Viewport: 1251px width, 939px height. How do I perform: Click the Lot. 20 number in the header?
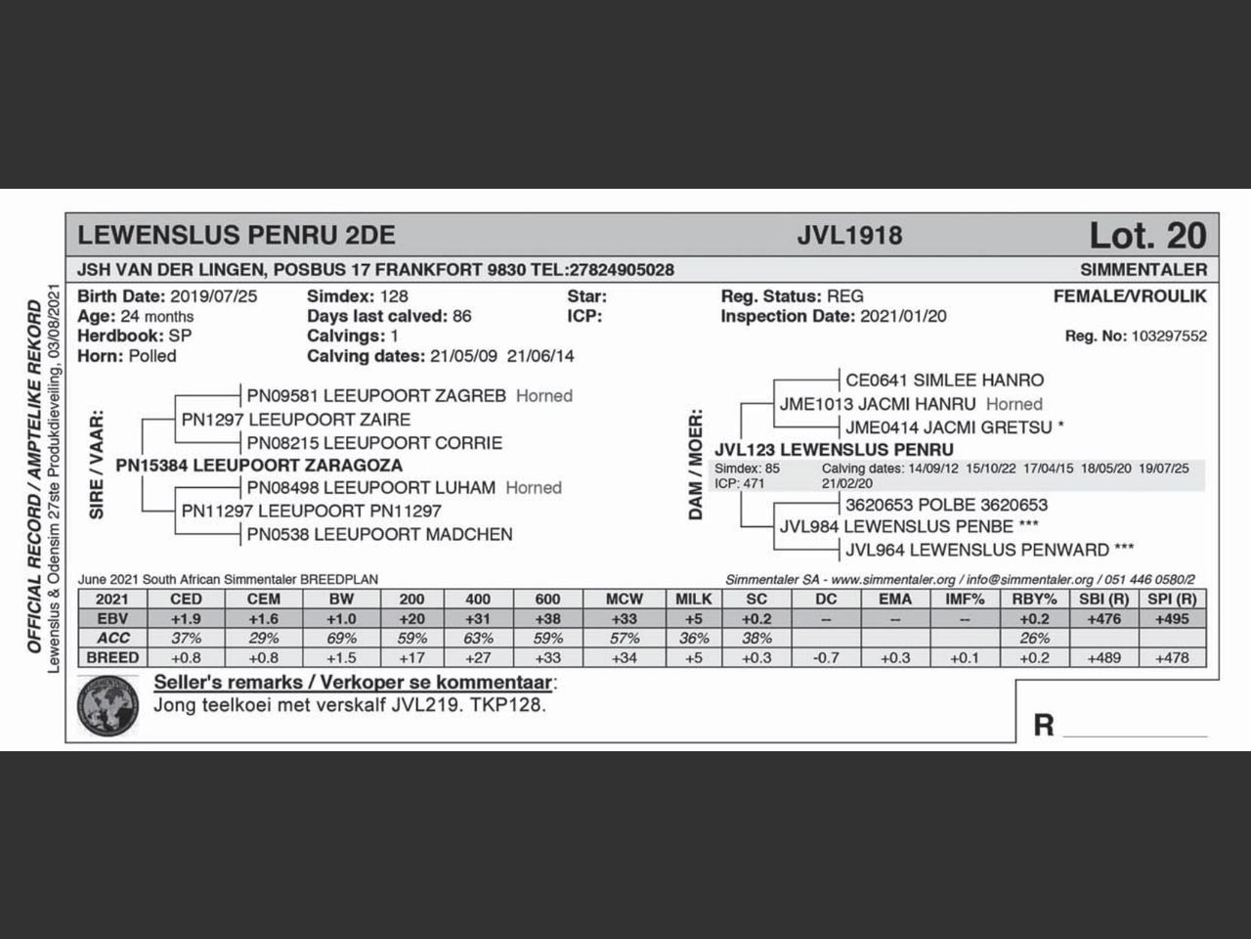click(1147, 236)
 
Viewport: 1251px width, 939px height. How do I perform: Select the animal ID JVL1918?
click(848, 236)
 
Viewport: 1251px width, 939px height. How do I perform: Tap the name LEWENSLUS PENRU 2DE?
click(236, 236)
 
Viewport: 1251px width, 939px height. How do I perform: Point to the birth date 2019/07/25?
click(213, 296)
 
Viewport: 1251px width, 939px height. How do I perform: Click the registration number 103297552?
click(1168, 335)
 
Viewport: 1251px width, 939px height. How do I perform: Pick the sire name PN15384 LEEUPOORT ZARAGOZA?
click(259, 466)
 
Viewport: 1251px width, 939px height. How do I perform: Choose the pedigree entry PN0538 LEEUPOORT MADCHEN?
click(379, 534)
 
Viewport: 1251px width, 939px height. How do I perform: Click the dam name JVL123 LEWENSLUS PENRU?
click(834, 450)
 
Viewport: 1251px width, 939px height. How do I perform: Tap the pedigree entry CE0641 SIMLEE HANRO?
click(944, 380)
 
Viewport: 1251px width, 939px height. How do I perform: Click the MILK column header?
click(694, 599)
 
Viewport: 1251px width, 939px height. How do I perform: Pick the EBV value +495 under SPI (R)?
click(1172, 618)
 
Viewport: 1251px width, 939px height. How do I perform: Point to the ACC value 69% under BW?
click(341, 638)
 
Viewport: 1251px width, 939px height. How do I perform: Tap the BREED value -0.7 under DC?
click(826, 657)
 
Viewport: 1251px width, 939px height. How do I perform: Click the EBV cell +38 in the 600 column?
click(547, 618)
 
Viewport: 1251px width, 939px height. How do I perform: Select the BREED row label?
click(112, 657)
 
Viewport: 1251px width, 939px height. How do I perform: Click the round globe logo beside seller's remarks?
click(108, 708)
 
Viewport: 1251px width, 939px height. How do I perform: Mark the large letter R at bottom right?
click(1044, 725)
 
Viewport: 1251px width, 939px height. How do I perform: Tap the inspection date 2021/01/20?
click(902, 316)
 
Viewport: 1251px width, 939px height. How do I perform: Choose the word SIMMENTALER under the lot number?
click(1143, 269)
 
